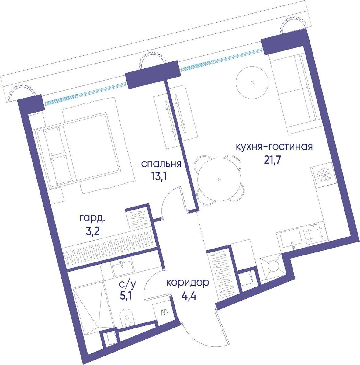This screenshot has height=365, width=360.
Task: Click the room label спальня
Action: click(161, 164)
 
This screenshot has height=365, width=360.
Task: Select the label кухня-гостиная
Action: click(274, 147)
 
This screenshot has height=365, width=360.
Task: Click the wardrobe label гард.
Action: click(92, 219)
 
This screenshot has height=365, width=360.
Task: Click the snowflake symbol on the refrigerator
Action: click(324, 175)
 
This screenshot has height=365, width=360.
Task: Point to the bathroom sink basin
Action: click(123, 268)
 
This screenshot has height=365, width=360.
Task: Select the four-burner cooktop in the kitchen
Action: click(315, 235)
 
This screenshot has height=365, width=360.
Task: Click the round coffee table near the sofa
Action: click(252, 82)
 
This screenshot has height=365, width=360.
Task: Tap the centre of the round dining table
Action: click(219, 179)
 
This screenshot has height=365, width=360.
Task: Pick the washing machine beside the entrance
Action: click(163, 313)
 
